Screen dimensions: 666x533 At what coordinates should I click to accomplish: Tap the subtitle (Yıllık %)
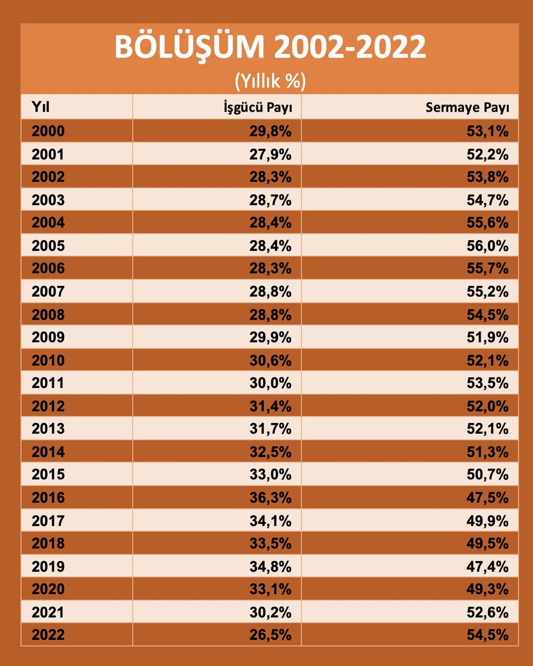pyautogui.click(x=270, y=80)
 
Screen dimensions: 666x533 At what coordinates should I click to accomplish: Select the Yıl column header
pyautogui.click(x=40, y=107)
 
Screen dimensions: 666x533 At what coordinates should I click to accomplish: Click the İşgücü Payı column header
pyautogui.click(x=258, y=107)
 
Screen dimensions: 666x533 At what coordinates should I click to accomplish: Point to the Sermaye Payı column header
pyautogui.click(x=467, y=107)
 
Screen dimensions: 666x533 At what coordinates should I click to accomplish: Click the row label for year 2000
pyautogui.click(x=48, y=131)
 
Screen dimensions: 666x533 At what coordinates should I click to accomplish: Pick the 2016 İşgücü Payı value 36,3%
pyautogui.click(x=270, y=498)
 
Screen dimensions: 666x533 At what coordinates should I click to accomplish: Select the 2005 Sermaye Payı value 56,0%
pyautogui.click(x=487, y=246)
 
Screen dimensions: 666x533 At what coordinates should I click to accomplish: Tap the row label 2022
pyautogui.click(x=48, y=635)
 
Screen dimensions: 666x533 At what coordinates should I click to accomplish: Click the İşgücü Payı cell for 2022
pyautogui.click(x=270, y=635)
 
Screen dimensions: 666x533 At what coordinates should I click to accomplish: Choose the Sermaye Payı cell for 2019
pyautogui.click(x=487, y=566)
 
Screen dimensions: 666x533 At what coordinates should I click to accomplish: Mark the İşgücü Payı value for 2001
pyautogui.click(x=270, y=155)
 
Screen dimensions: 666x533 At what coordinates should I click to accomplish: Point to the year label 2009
pyautogui.click(x=48, y=337)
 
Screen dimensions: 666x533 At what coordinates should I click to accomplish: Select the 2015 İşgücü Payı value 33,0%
pyautogui.click(x=270, y=474)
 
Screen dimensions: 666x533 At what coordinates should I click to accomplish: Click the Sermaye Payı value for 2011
pyautogui.click(x=487, y=383)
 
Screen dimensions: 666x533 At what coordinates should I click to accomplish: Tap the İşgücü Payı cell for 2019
pyautogui.click(x=270, y=566)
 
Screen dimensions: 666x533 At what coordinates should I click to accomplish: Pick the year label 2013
pyautogui.click(x=48, y=428)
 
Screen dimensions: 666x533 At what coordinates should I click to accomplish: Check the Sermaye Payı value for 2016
pyautogui.click(x=487, y=498)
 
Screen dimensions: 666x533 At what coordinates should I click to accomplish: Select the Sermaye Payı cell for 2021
pyautogui.click(x=487, y=612)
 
